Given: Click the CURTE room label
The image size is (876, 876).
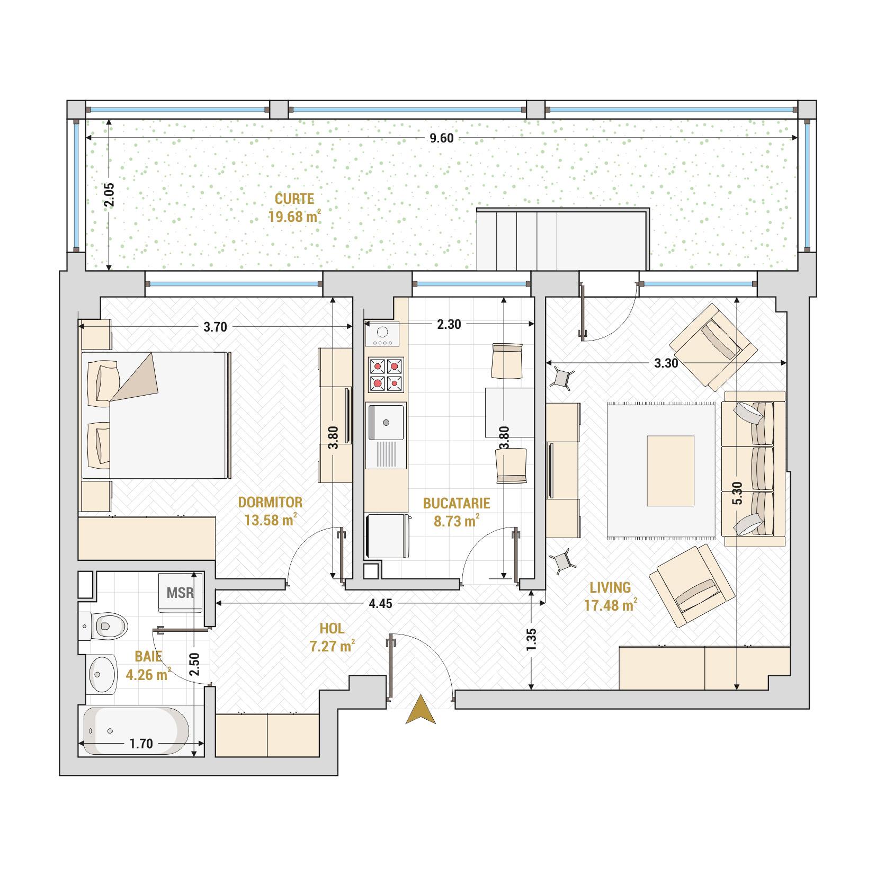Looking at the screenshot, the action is coord(294,199).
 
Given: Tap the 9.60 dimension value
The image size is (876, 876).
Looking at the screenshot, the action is coord(441,138).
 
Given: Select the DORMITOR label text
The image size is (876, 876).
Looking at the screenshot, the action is coord(270,502).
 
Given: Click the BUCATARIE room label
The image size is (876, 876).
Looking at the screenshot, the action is coord(456,503).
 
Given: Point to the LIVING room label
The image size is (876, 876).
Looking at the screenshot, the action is coord(611,587).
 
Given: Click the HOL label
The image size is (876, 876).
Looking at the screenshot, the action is coord(332,629).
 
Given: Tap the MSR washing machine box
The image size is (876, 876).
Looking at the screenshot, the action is coord(181,592).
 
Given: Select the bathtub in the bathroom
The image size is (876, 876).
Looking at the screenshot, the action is coord(136,731).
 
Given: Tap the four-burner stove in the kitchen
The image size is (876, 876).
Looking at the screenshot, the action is coord(386,374).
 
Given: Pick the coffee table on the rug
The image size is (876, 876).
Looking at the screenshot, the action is coord(671,471).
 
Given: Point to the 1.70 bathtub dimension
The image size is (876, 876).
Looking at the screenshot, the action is coord(141,744).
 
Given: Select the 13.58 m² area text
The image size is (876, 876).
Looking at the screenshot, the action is coord(270,520).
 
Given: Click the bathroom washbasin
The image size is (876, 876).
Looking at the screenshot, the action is coord(103,674).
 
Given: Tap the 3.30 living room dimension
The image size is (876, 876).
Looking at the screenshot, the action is coord(666,363).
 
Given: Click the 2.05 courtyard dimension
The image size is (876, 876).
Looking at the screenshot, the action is coord(109,195).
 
